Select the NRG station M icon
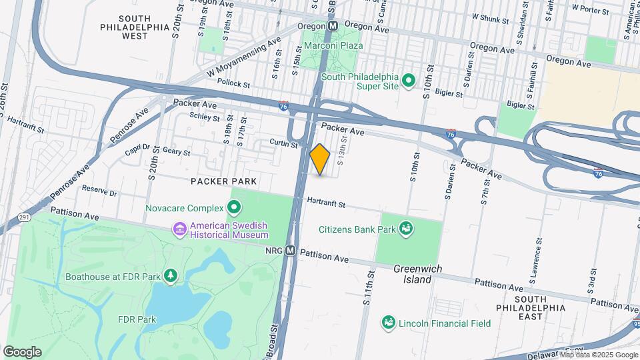pos(290,251)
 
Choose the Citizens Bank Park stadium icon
pos(405,230)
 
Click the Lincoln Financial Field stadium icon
pos(388,323)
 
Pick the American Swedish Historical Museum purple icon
pos(179,230)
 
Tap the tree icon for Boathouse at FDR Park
pos(171,276)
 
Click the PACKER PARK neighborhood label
pos(224,181)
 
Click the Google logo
pos(22,352)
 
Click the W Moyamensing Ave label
pos(244,59)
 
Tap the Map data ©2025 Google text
pos(598,355)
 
